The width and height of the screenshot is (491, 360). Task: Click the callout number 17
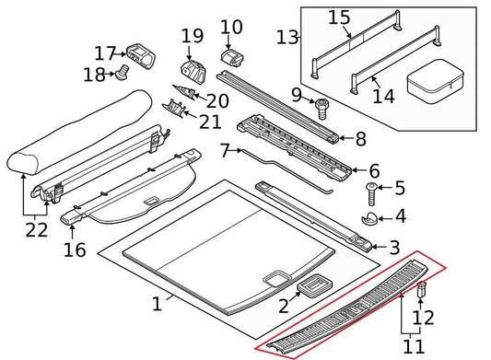pyautogui.click(x=105, y=52)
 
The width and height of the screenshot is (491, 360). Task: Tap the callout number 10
pyautogui.click(x=231, y=28)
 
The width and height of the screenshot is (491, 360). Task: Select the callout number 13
pyautogui.click(x=288, y=37)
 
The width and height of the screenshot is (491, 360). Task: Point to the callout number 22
pyautogui.click(x=35, y=230)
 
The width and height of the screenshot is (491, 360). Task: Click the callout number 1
pyautogui.click(x=157, y=303)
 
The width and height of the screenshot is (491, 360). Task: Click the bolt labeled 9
pyautogui.click(x=322, y=110)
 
